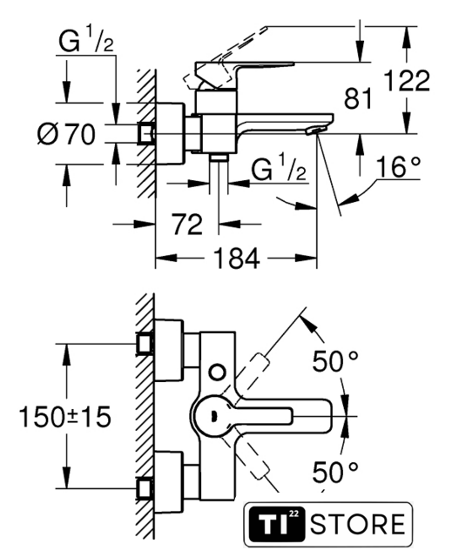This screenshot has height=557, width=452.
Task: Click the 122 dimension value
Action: click(x=407, y=81)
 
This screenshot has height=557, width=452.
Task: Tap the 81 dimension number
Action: click(x=358, y=98)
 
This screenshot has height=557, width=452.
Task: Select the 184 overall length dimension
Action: click(x=236, y=258)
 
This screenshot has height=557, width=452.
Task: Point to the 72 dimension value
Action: click(x=187, y=225)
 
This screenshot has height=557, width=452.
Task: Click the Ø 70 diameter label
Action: click(x=66, y=135)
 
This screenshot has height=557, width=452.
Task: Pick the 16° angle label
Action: click(x=398, y=166)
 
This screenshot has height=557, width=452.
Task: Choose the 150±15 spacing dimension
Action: click(x=65, y=417)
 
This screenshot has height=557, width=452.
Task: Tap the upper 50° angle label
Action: click(x=335, y=361)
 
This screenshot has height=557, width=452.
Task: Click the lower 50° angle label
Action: click(x=335, y=473)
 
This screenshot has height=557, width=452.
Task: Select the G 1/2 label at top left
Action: click(x=85, y=41)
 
